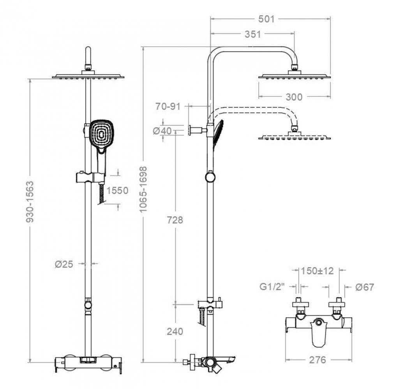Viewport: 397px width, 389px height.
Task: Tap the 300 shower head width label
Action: [x=294, y=97]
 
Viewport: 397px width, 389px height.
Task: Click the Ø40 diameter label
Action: [x=162, y=131]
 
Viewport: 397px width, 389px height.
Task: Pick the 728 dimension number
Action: [x=175, y=220]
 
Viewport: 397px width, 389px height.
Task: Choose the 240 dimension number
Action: [x=175, y=331]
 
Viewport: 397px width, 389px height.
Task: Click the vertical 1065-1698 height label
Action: [x=143, y=189]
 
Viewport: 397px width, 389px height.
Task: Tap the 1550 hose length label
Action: [x=117, y=190]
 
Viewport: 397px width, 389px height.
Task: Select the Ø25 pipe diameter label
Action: [x=64, y=264]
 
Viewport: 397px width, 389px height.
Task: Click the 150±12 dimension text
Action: [x=318, y=271]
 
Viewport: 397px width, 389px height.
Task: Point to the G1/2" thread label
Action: [x=272, y=287]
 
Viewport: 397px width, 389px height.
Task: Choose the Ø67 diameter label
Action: [x=365, y=287]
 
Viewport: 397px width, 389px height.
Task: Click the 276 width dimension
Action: [x=318, y=360]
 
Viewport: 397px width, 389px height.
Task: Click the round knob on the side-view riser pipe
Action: [x=210, y=177]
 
